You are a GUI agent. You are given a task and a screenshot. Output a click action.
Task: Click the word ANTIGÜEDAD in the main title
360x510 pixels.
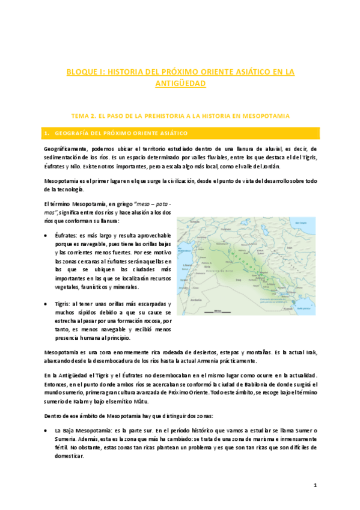click(x=180, y=84)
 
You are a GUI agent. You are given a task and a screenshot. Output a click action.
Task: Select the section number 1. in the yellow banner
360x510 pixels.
click(x=47, y=132)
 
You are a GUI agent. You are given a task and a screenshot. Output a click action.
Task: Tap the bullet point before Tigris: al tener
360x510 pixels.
click(x=47, y=304)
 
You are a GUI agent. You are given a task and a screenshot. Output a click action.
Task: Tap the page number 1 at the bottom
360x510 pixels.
click(x=314, y=485)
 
